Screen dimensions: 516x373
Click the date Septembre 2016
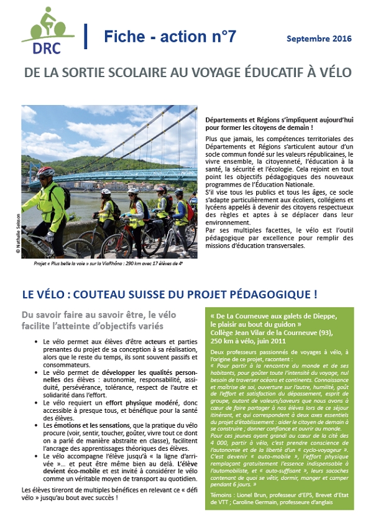coord(319,39)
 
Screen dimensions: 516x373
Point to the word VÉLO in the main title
coord(334,73)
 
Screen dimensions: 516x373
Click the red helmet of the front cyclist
coord(45,172)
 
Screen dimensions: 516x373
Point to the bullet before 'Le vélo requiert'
coord(37,402)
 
